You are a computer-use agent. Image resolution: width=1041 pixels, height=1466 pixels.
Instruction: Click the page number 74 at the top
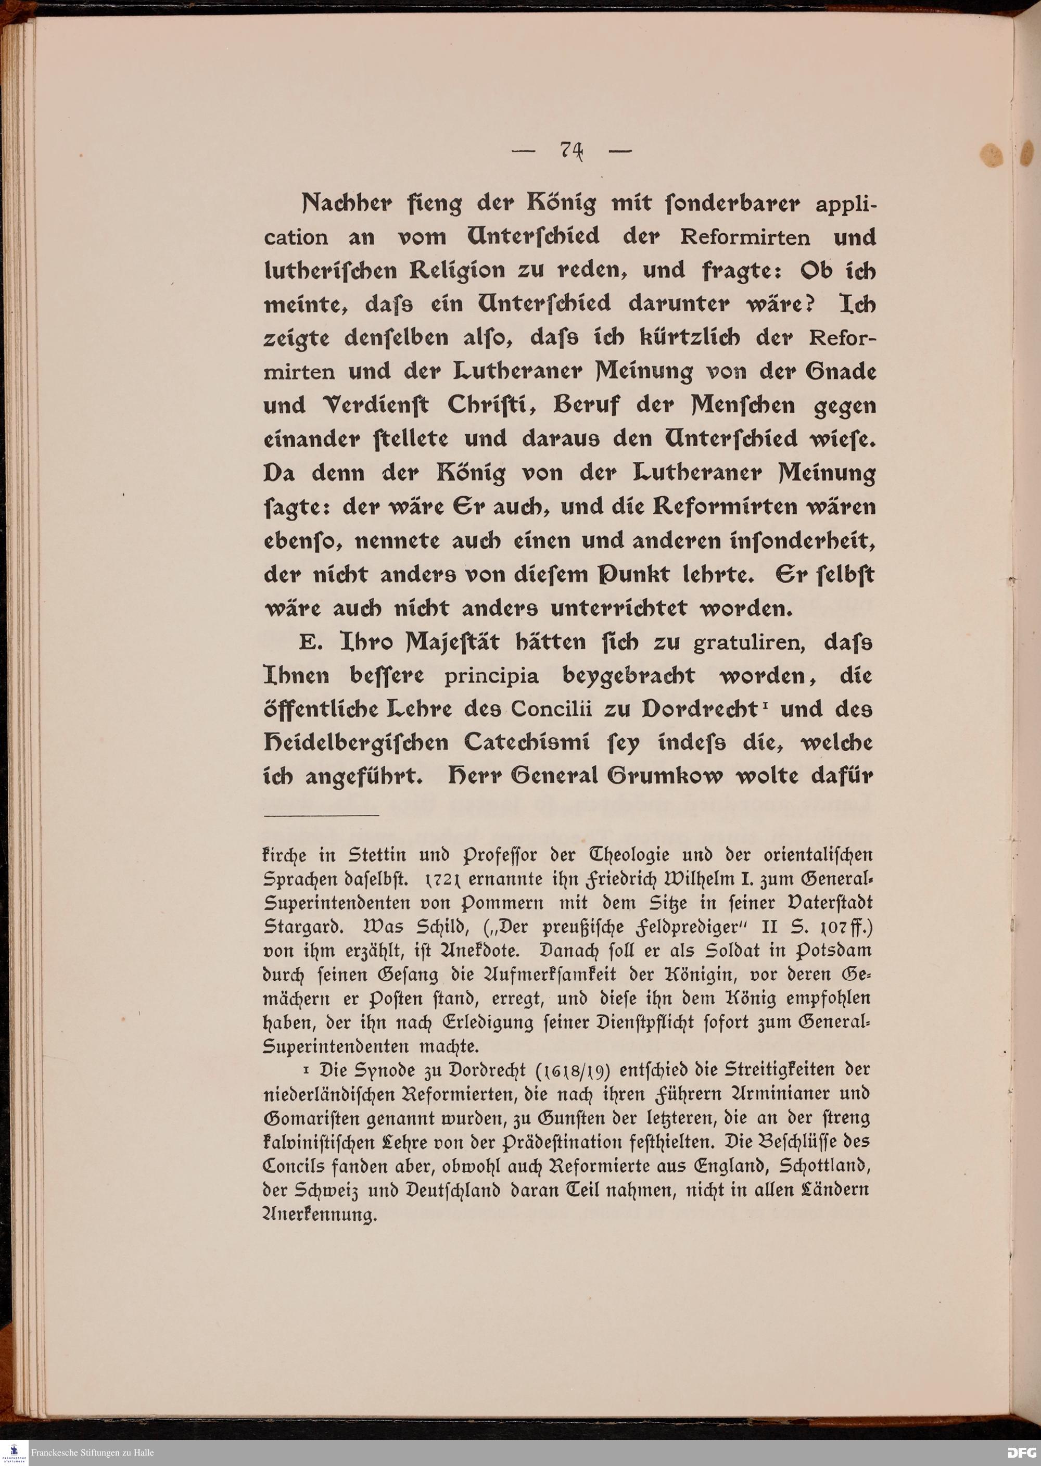pyautogui.click(x=571, y=150)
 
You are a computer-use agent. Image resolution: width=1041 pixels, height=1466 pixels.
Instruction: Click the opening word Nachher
pyautogui.click(x=346, y=204)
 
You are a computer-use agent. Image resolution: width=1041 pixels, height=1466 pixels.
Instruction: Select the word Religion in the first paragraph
pyautogui.click(x=457, y=271)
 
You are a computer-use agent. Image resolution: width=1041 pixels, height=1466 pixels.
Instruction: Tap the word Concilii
pyautogui.click(x=557, y=710)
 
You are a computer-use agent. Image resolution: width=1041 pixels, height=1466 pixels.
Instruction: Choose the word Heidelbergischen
pyautogui.click(x=356, y=743)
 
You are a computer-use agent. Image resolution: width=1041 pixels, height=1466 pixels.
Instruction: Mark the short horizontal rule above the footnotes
pyautogui.click(x=321, y=815)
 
